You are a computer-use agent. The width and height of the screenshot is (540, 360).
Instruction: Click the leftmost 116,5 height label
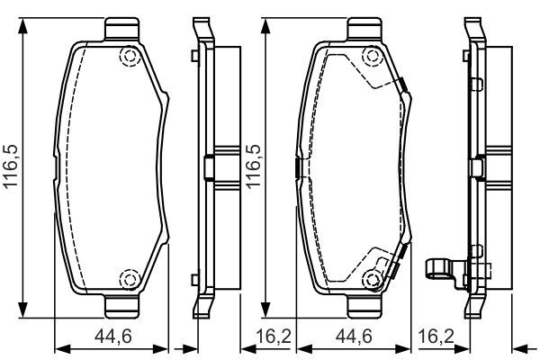click(11, 166)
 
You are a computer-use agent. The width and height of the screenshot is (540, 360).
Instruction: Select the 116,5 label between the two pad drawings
click(253, 166)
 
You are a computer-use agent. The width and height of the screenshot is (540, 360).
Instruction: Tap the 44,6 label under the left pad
click(113, 337)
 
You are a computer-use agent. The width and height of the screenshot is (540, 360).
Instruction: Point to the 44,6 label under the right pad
click(354, 337)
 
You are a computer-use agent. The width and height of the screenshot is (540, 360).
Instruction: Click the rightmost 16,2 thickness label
click(436, 337)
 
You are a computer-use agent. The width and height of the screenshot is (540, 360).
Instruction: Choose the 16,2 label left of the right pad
click(274, 337)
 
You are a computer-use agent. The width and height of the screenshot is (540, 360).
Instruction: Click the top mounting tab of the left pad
click(122, 29)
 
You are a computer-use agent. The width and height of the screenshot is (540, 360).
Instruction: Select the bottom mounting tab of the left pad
click(122, 306)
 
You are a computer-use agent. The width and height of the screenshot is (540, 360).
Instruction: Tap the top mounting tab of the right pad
click(365, 29)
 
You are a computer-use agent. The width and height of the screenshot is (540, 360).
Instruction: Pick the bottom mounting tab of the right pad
click(365, 306)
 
